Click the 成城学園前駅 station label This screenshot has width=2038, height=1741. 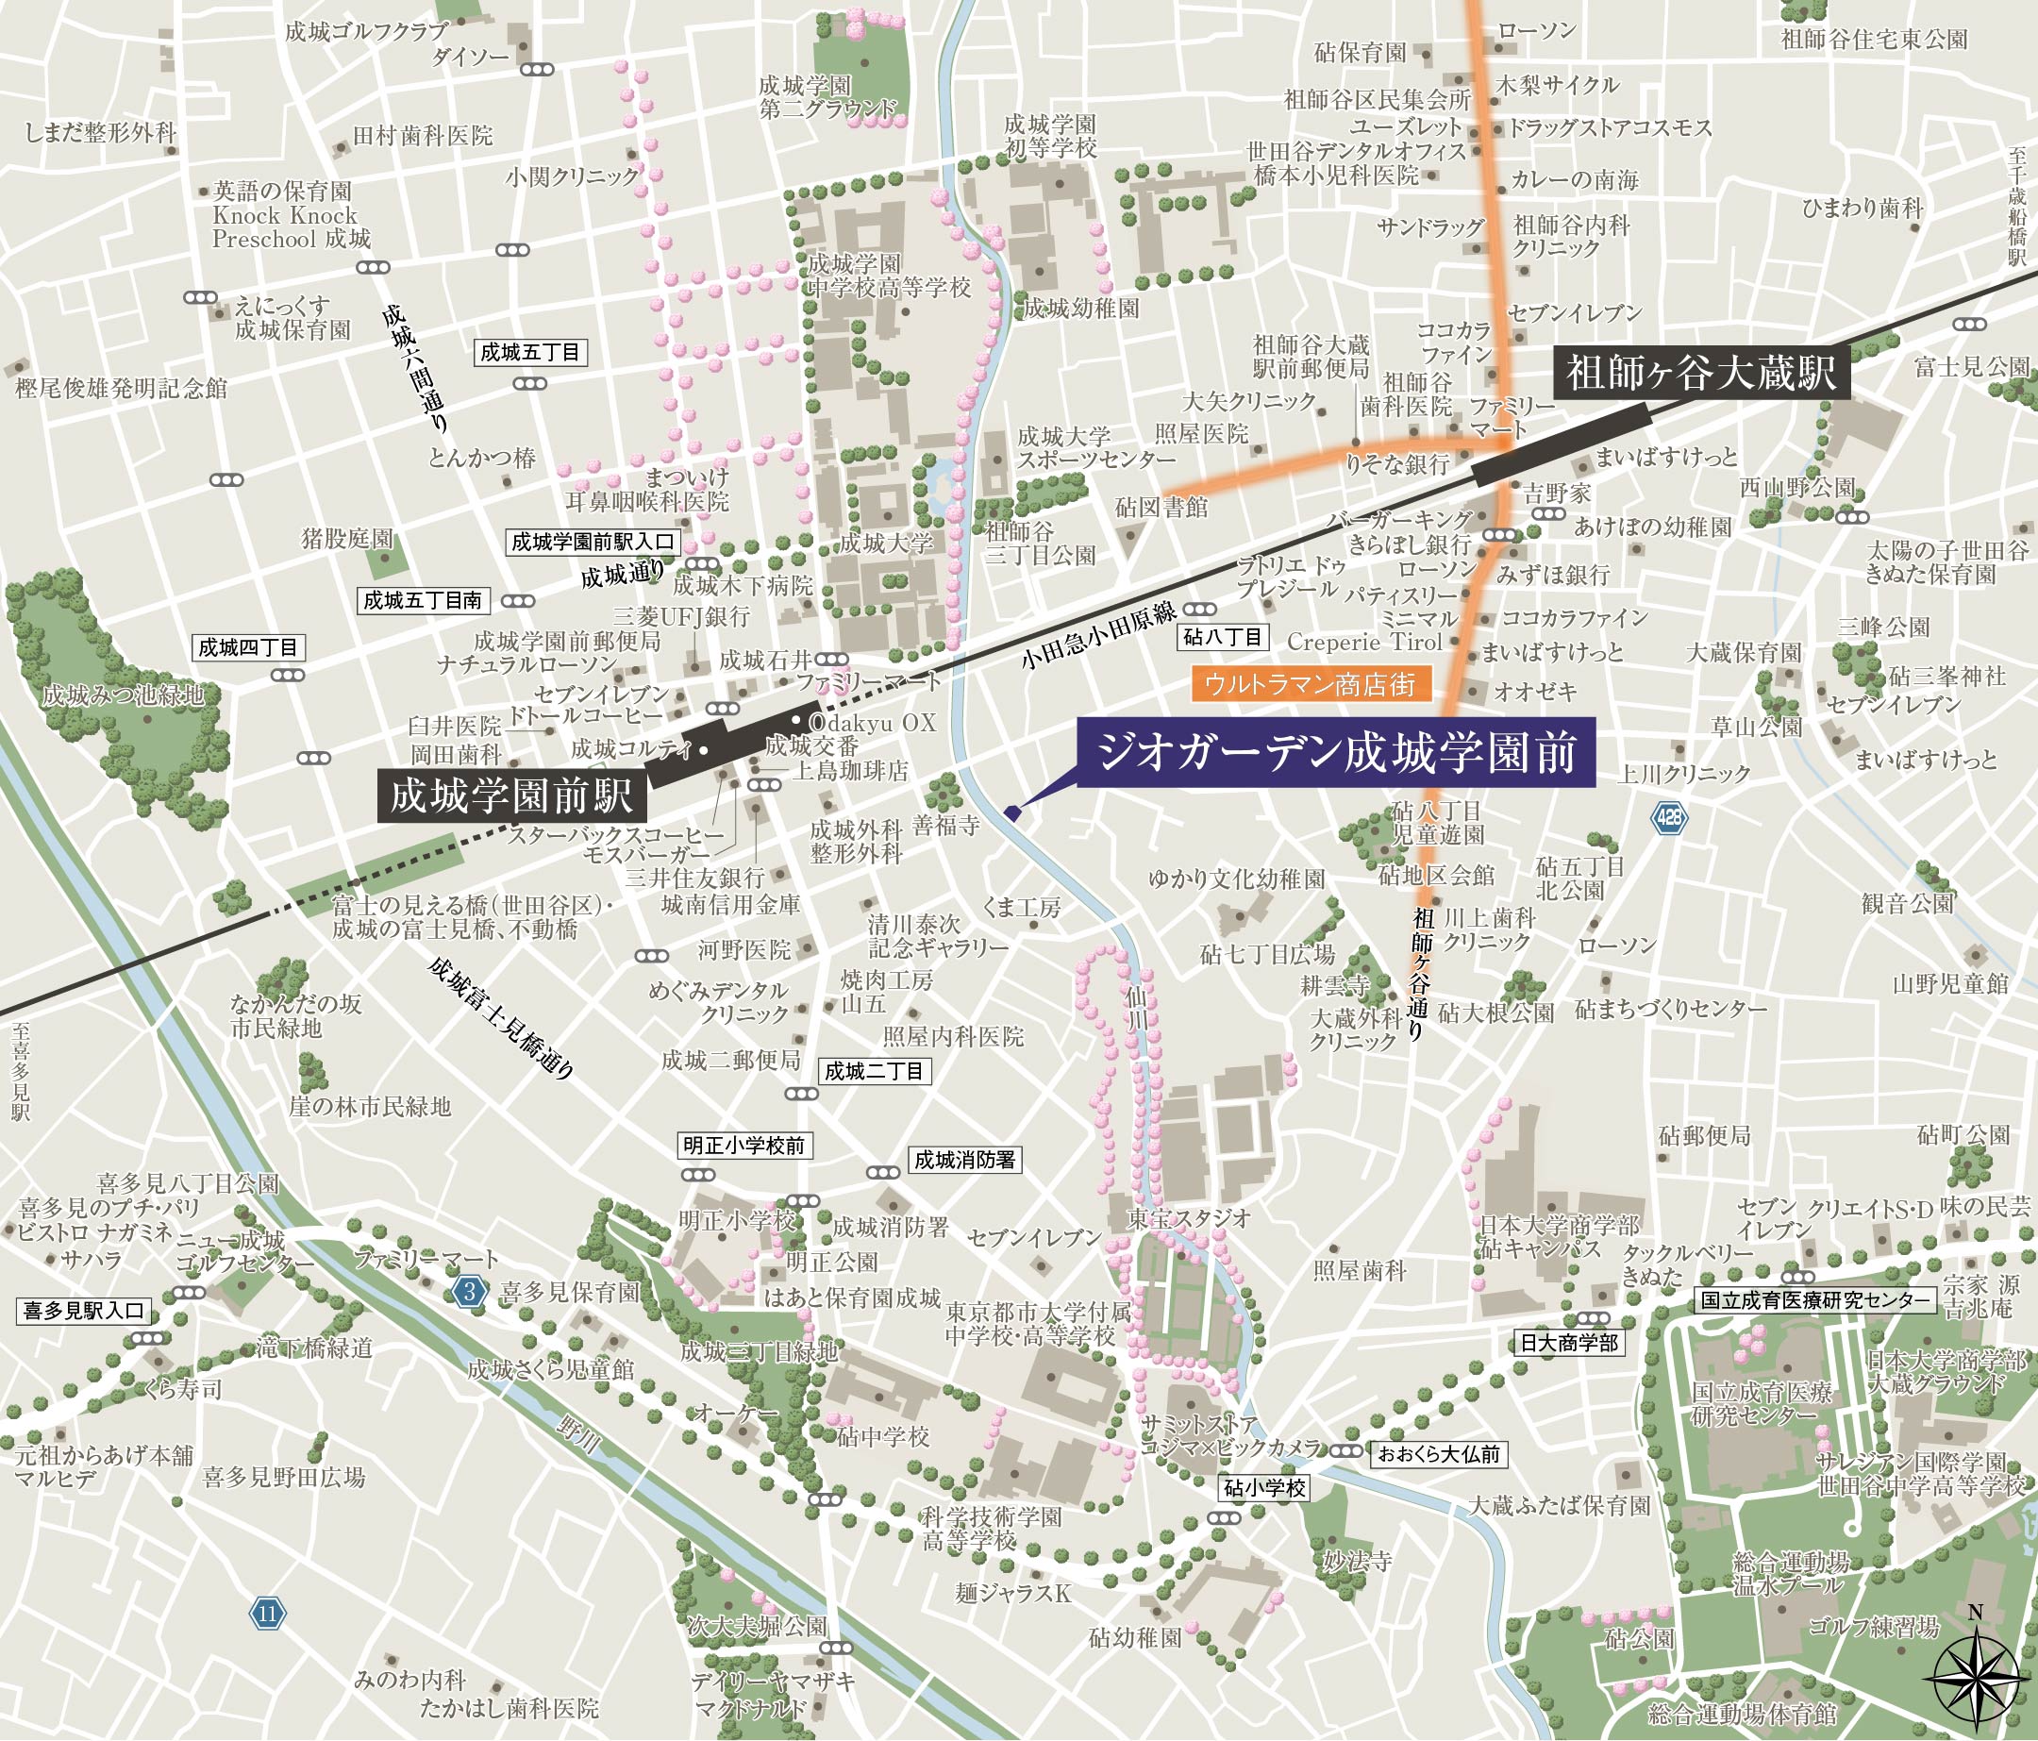click(x=512, y=795)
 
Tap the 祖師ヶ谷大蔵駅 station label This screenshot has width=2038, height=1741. click(x=1700, y=374)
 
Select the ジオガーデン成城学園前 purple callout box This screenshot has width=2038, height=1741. click(x=1336, y=753)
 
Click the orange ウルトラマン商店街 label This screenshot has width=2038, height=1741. click(x=1311, y=684)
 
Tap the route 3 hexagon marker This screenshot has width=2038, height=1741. click(x=470, y=1292)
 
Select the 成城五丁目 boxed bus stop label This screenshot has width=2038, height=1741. click(x=531, y=352)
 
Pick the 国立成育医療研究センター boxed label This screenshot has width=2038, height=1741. click(x=1816, y=1300)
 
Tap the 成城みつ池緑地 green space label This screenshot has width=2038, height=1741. click(x=123, y=695)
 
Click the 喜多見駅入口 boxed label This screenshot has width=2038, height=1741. click(x=85, y=1310)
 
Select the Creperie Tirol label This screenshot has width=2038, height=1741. click(x=1364, y=642)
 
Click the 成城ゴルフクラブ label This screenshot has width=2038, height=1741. click(x=366, y=31)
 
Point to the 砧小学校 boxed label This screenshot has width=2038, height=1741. click(x=1265, y=1487)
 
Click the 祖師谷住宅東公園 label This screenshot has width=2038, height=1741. click(x=1874, y=40)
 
